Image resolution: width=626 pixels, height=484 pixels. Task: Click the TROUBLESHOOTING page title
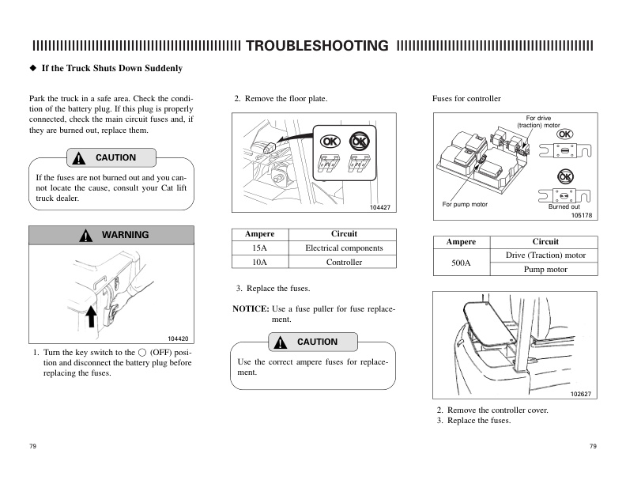[317, 45]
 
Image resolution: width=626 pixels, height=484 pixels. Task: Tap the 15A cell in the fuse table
[259, 248]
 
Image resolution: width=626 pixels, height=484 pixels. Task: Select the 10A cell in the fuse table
[259, 262]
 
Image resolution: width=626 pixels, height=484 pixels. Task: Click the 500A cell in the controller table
[462, 262]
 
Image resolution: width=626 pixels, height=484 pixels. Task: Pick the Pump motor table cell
[545, 269]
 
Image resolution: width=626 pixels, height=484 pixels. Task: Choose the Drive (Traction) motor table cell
[545, 255]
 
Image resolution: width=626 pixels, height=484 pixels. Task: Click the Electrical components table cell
[344, 248]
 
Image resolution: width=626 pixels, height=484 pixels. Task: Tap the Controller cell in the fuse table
[344, 262]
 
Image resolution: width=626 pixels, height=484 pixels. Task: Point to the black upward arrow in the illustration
[91, 315]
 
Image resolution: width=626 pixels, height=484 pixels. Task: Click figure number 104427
[380, 207]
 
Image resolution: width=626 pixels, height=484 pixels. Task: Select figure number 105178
[582, 214]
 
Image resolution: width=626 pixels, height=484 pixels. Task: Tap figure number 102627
[581, 394]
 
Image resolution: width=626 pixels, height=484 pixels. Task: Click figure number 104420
[179, 338]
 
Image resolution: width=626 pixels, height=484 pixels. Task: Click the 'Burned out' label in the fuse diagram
[564, 206]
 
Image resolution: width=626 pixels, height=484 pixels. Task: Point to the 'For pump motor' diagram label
[465, 205]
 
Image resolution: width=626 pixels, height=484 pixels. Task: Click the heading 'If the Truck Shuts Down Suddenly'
[111, 68]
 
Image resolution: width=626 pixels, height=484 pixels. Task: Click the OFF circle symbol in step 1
[141, 352]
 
